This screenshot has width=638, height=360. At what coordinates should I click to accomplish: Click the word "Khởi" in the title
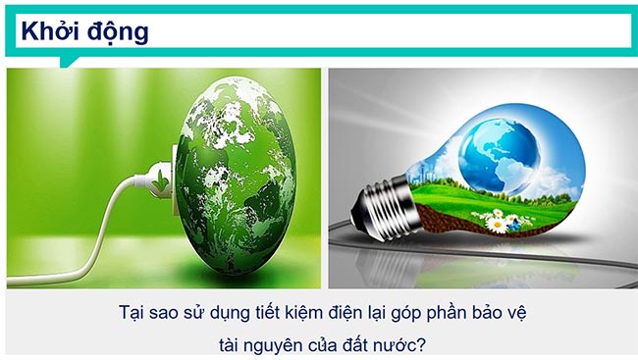point(48,31)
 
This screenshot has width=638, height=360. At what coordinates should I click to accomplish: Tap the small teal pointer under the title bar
point(68,62)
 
